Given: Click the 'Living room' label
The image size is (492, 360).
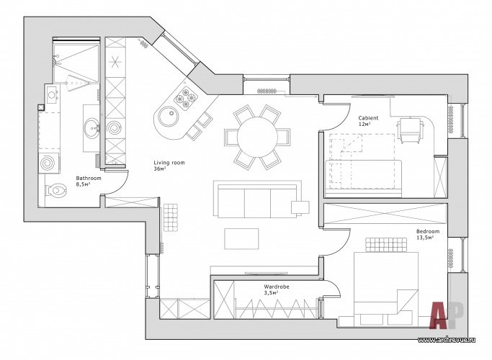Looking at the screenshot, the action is pyautogui.click(x=169, y=163).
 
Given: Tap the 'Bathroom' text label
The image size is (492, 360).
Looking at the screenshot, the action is pyautogui.click(x=89, y=178).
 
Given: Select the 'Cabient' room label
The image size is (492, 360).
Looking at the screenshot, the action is pyautogui.click(x=368, y=118).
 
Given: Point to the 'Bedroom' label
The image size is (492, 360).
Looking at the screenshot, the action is pyautogui.click(x=428, y=231).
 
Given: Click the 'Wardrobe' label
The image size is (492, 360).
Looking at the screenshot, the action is pyautogui.click(x=277, y=287).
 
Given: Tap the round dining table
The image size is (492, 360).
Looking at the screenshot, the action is pyautogui.click(x=257, y=137).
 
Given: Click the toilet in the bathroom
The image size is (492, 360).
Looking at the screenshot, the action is pyautogui.click(x=55, y=190).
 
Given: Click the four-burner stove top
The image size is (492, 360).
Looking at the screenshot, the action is pyautogui.click(x=186, y=97).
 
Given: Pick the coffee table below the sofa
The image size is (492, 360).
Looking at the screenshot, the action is pyautogui.click(x=241, y=238).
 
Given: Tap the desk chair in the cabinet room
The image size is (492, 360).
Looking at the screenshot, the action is pyautogui.click(x=410, y=130).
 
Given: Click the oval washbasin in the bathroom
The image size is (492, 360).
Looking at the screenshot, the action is pyautogui.click(x=92, y=128).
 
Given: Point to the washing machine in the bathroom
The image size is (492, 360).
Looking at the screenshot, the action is pyautogui.click(x=49, y=163).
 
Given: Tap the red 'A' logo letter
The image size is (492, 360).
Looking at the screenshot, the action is pyautogui.click(x=439, y=315).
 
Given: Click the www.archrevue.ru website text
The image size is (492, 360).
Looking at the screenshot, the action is pyautogui.click(x=447, y=340).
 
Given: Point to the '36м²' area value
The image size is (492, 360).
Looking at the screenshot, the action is pyautogui.click(x=160, y=168).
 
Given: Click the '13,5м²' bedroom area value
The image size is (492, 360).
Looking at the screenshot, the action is pyautogui.click(x=425, y=238).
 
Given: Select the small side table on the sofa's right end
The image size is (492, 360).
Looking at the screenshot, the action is pyautogui.click(x=300, y=207).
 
